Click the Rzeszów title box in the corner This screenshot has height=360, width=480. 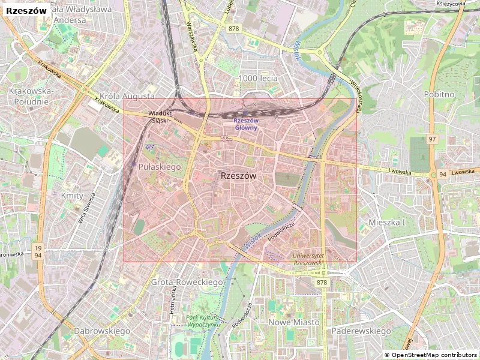click(26, 10)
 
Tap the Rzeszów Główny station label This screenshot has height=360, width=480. click(245, 124)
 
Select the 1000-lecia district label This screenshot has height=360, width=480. click(258, 78)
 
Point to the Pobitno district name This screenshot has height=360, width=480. click(439, 94)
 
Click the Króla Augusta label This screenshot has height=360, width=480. click(127, 96)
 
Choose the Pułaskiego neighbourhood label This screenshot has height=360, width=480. click(160, 167)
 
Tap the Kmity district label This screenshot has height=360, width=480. click(72, 196)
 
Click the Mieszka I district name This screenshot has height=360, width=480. click(387, 222)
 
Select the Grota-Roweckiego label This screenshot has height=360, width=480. click(187, 281)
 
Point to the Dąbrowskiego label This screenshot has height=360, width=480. click(102, 331)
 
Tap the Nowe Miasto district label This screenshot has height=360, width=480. click(294, 322)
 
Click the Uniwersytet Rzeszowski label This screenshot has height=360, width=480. click(308, 259)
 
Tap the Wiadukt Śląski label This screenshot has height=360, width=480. click(160, 116)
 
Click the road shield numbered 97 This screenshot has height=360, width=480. click(432, 139)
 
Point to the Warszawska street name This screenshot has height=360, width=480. click(192, 36)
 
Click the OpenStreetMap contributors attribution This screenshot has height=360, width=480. click(431, 355)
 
